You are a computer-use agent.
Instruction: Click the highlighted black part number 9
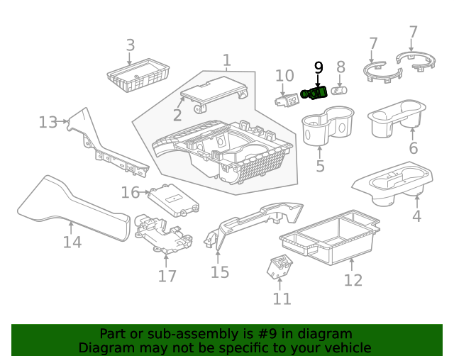(314, 93)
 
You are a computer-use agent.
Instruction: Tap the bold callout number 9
(319, 68)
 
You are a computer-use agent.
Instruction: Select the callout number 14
(72, 242)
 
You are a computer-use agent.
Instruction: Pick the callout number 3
(130, 46)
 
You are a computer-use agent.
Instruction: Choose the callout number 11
(282, 298)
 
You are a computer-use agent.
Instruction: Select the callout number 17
(167, 275)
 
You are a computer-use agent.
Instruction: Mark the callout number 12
(353, 280)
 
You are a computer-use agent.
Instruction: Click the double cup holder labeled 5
(326, 125)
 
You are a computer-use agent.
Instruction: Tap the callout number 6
(413, 148)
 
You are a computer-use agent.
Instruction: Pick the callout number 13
(48, 123)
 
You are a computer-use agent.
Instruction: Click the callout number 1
(226, 60)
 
